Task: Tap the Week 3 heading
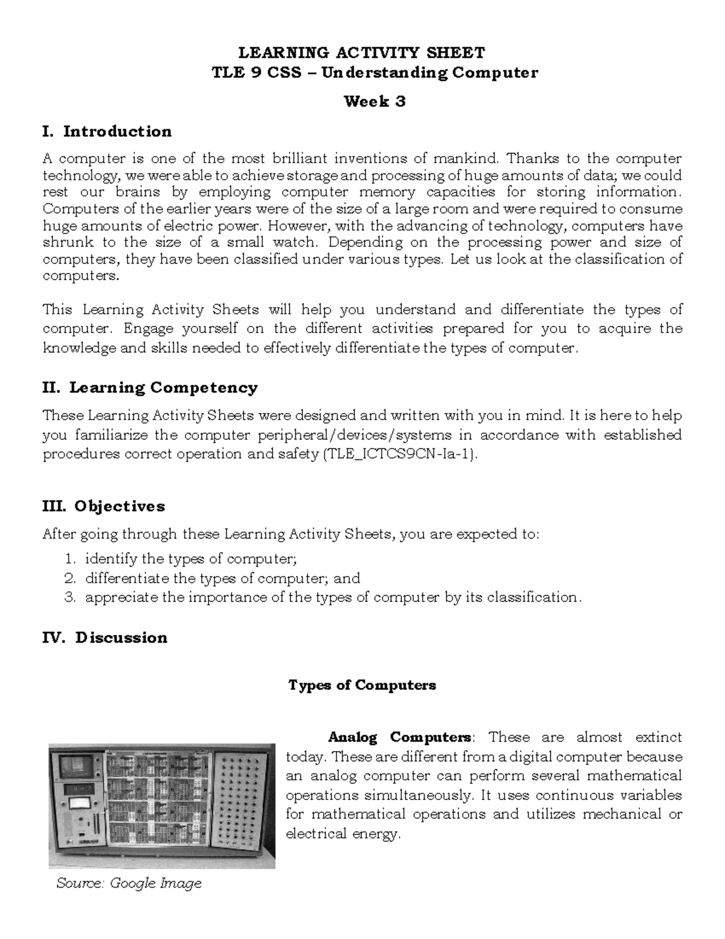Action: point(375,102)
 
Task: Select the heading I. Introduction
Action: point(107,131)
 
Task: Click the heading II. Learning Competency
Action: point(150,388)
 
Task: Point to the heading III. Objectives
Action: point(103,506)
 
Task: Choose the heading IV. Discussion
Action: point(105,638)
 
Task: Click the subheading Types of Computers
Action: point(362,685)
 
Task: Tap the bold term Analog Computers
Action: point(400,737)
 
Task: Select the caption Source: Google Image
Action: point(129,883)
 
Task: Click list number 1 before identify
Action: point(70,559)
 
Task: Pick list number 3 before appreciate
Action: point(70,597)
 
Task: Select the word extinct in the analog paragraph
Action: point(659,737)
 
